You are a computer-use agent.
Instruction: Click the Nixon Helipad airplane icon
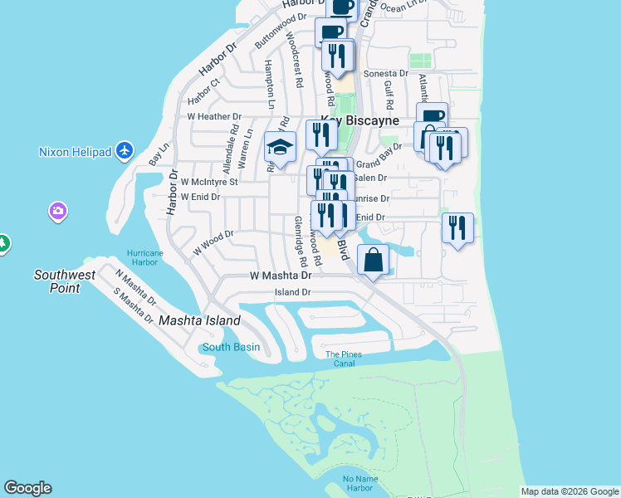pyautogui.click(x=125, y=150)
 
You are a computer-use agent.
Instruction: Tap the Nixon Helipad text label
pyautogui.click(x=76, y=152)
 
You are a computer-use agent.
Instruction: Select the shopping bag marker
pyautogui.click(x=374, y=260)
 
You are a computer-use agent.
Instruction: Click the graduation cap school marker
pyautogui.click(x=281, y=148)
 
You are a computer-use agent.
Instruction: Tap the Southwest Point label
pyautogui.click(x=57, y=281)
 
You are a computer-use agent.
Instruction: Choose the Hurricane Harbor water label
pyautogui.click(x=141, y=257)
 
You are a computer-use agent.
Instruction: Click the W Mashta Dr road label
pyautogui.click(x=281, y=275)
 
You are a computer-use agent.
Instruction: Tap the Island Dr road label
pyautogui.click(x=293, y=292)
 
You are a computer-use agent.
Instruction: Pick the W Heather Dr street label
pyautogui.click(x=214, y=117)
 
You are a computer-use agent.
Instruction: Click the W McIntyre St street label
pyautogui.click(x=209, y=181)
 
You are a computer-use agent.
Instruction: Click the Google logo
pyautogui.click(x=27, y=488)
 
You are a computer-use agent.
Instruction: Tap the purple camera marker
pyautogui.click(x=57, y=211)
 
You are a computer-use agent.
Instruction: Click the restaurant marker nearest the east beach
pyautogui.click(x=457, y=227)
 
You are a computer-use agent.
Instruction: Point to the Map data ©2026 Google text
pyautogui.click(x=570, y=491)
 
